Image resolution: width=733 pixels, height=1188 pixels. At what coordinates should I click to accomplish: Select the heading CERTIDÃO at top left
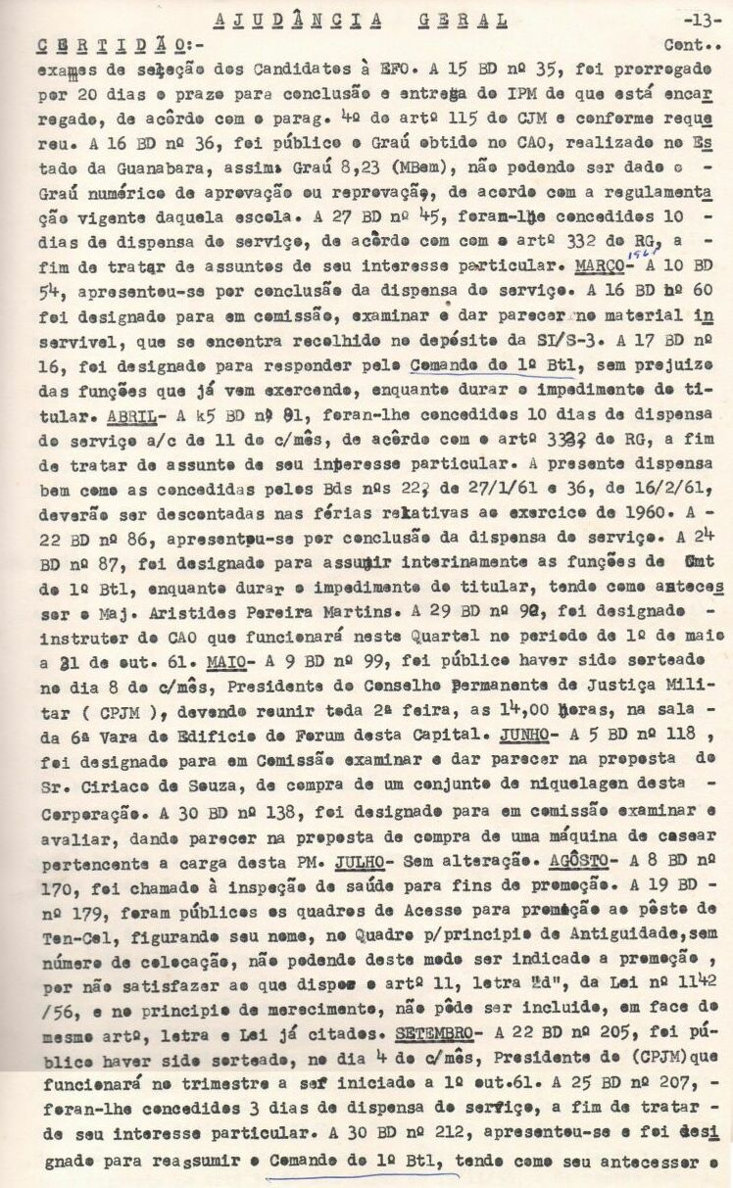point(113,45)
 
